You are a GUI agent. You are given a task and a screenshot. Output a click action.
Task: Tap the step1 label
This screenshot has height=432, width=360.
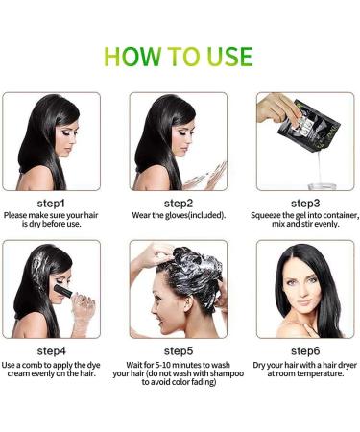pos(50,204)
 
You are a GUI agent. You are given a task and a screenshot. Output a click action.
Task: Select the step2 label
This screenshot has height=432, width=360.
pos(180,204)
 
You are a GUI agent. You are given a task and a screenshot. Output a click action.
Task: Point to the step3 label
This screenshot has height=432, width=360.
pos(305,204)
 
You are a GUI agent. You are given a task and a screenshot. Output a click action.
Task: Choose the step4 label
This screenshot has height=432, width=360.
pos(50,351)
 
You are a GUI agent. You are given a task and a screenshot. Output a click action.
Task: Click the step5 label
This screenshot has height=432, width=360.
pos(180,351)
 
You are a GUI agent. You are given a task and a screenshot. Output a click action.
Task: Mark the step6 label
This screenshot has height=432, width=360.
pos(305,351)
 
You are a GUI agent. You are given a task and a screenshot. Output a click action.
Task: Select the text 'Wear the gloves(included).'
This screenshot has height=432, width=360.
pos(180,217)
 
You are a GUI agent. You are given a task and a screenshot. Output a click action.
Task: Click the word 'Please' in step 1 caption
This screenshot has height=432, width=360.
pos(17,217)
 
